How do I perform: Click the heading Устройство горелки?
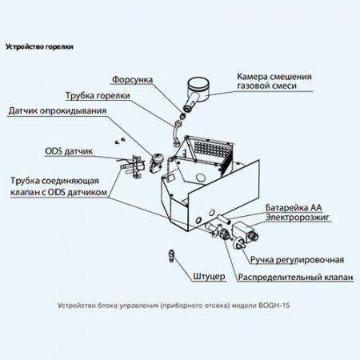click(x=39, y=46)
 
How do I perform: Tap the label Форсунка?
click(x=132, y=79)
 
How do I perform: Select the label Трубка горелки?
click(x=98, y=95)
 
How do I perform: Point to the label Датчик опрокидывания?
click(x=58, y=110)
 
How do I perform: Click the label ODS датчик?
click(x=69, y=151)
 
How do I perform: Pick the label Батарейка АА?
click(x=294, y=207)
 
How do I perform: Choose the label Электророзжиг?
click(x=298, y=218)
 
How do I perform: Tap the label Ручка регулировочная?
click(x=297, y=260)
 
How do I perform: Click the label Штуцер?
click(x=209, y=277)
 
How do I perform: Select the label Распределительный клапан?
click(x=295, y=277)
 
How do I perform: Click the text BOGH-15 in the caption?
click(x=274, y=306)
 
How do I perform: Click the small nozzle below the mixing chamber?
click(x=182, y=116)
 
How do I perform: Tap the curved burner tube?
click(x=175, y=133)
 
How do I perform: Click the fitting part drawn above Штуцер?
click(x=172, y=256)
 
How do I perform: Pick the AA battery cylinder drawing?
click(x=223, y=219)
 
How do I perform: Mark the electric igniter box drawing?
click(x=245, y=232)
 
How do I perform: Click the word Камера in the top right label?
click(x=252, y=77)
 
